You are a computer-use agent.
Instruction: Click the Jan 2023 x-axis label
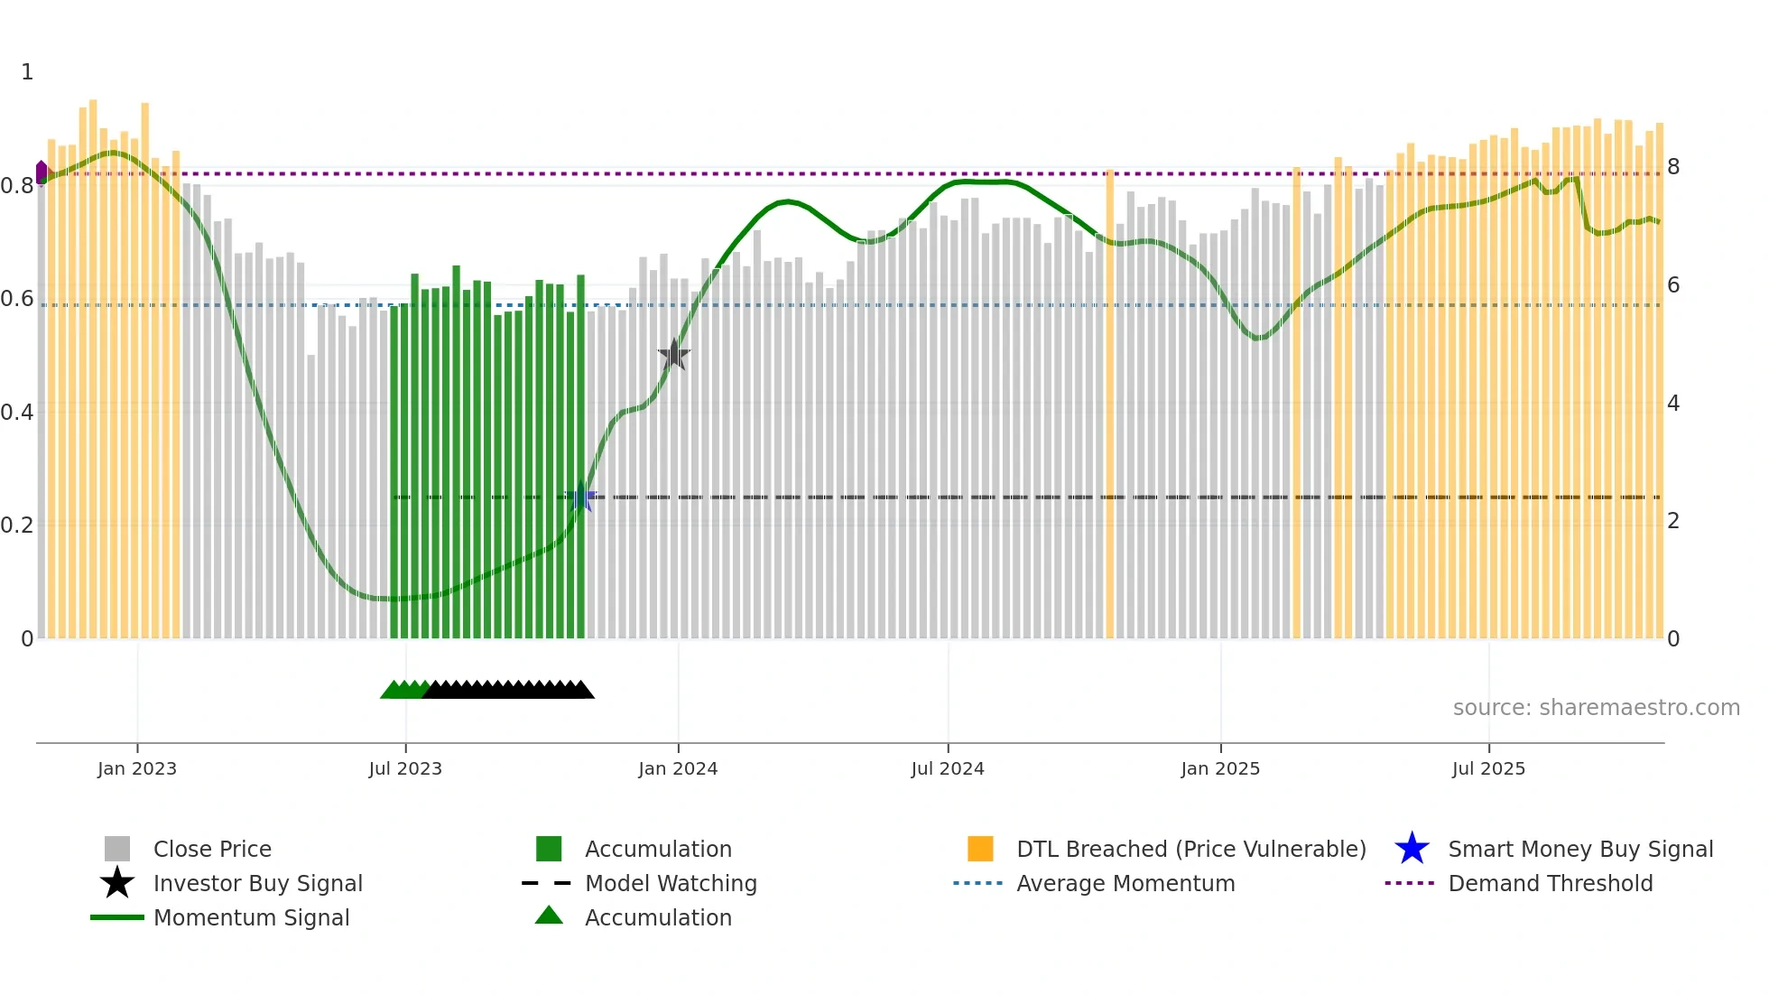(137, 768)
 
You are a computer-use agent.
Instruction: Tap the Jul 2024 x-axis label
(948, 768)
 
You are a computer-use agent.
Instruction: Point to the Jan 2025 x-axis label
(1220, 768)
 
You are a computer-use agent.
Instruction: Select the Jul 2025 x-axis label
(1488, 768)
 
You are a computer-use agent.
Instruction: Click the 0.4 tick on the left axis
(17, 413)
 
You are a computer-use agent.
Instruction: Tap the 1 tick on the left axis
(27, 72)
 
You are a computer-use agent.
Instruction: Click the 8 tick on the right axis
(1673, 167)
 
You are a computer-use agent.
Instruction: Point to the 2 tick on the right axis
(1673, 521)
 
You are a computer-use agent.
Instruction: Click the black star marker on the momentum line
(673, 355)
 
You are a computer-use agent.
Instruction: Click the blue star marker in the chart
(581, 497)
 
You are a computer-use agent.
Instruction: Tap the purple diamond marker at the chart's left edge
(42, 172)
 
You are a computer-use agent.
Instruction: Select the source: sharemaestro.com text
(1596, 708)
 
